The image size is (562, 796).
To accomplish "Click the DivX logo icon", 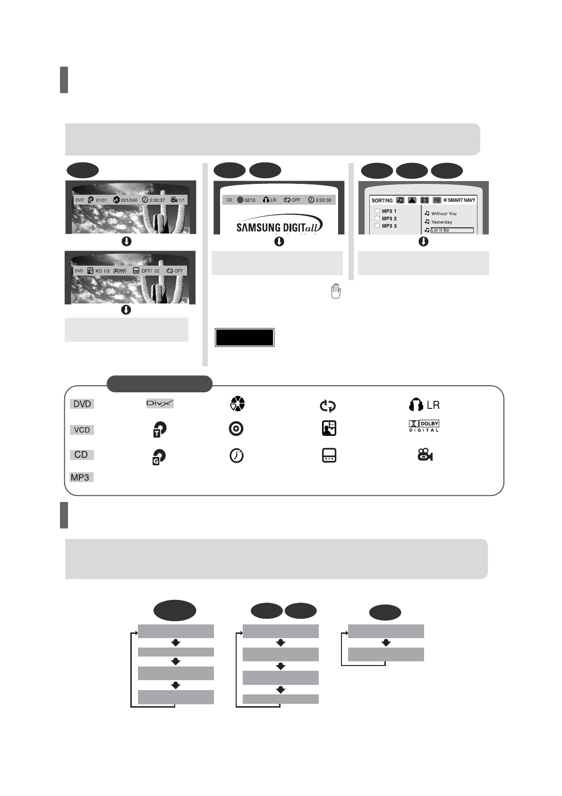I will [160, 403].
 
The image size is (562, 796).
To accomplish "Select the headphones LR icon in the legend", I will [424, 405].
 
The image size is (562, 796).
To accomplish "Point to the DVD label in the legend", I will [82, 404].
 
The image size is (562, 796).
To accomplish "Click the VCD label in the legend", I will [82, 430].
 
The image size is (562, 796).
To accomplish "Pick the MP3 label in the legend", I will [80, 477].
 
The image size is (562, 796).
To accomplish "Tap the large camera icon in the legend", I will [425, 455].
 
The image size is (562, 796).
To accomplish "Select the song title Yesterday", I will [441, 222].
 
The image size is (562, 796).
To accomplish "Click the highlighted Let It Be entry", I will [451, 230].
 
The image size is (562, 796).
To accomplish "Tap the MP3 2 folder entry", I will [389, 218].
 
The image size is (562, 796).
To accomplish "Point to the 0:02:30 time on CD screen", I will [323, 200].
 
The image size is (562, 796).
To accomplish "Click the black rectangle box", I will [245, 337].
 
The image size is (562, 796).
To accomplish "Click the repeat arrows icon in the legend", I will [327, 406].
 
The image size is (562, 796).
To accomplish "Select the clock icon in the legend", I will [236, 455].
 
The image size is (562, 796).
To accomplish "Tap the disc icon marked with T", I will [160, 429].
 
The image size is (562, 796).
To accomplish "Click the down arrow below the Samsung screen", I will [279, 242].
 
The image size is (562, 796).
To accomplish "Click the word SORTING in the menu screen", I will [382, 200].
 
